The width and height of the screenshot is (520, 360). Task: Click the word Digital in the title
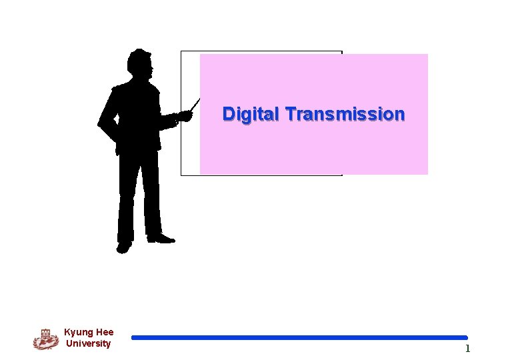(x=251, y=115)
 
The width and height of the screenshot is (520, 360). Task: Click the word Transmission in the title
(x=345, y=115)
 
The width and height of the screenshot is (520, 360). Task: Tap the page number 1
(x=467, y=349)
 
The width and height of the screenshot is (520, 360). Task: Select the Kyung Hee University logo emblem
(x=45, y=339)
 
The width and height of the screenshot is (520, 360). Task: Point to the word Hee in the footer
(x=104, y=332)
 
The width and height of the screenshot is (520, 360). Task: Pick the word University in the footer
(x=89, y=344)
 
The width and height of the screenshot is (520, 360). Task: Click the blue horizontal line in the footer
(x=299, y=338)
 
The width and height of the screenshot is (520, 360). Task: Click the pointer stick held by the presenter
(x=194, y=105)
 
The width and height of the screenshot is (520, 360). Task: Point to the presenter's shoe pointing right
(x=162, y=237)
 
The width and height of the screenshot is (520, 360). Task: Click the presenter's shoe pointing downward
(x=123, y=247)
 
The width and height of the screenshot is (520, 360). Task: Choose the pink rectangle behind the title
(x=313, y=147)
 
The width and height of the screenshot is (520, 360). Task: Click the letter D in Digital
(x=229, y=114)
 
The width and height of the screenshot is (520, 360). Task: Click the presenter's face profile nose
(x=154, y=67)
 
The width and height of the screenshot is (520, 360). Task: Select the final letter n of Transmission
(x=399, y=115)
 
